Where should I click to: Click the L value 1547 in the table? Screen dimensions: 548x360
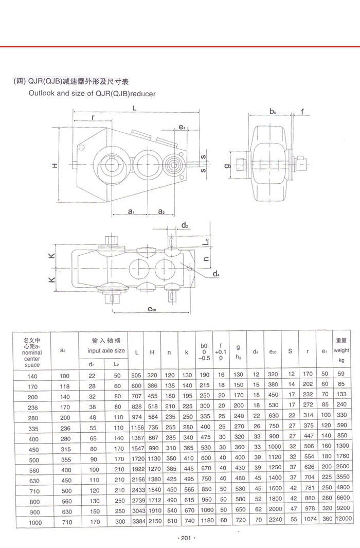click(136, 448)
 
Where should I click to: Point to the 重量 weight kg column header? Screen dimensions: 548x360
click(341, 350)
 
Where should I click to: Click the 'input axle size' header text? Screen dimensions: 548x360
click(106, 350)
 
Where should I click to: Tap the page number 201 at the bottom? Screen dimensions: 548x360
click(183, 538)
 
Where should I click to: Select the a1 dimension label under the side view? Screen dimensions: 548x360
click(131, 211)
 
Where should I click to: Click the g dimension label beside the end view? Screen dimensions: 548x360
click(227, 166)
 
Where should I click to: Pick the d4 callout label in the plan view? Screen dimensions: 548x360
click(217, 274)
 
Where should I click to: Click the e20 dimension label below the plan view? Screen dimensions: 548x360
click(151, 309)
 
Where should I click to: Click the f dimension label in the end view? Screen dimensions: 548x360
click(302, 112)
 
